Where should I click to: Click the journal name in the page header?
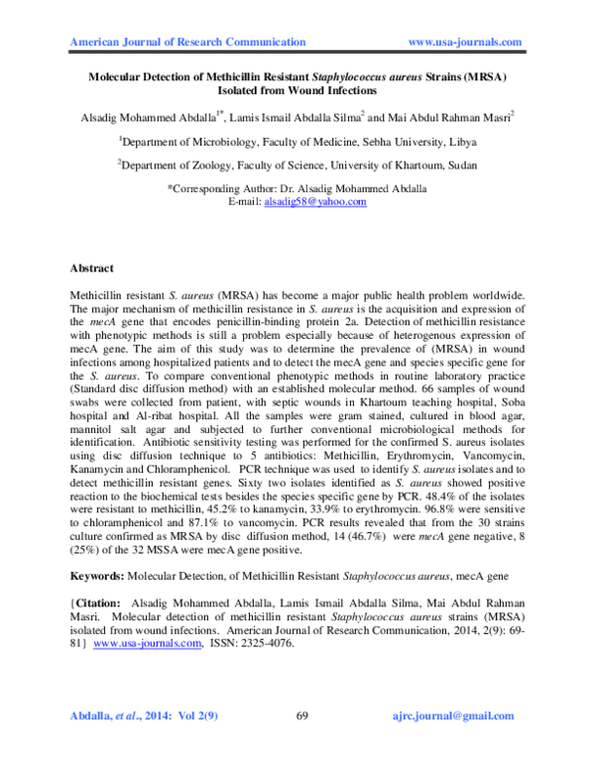pos(187,42)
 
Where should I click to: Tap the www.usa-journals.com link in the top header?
pos(465,42)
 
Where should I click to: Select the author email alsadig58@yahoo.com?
pos(314,201)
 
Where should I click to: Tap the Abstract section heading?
pos(92,269)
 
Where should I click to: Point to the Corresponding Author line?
pos(297,188)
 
